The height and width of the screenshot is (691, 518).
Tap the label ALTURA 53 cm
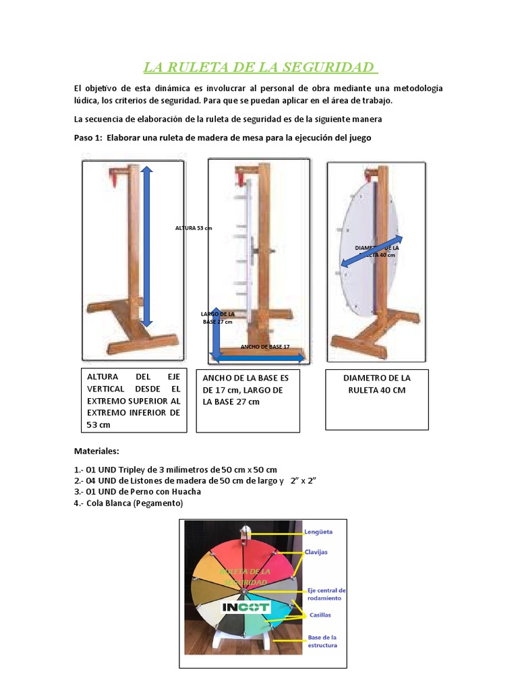[x=193, y=228]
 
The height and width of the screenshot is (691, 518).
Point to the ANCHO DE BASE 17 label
[x=264, y=346]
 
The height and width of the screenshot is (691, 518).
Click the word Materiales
[x=96, y=451]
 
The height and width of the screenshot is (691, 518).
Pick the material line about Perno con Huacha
[x=138, y=491]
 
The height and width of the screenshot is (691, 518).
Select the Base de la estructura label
[x=322, y=640]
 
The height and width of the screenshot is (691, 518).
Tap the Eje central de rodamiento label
[x=326, y=594]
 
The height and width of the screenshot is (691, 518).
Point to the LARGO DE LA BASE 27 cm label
[x=217, y=318]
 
